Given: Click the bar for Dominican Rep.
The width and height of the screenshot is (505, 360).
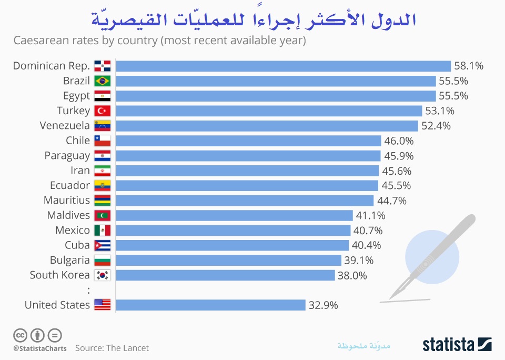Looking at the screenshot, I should pyautogui.click(x=283, y=66).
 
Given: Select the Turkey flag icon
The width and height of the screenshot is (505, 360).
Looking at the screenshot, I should pyautogui.click(x=102, y=111).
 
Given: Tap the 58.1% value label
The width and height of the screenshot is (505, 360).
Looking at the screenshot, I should pyautogui.click(x=468, y=66).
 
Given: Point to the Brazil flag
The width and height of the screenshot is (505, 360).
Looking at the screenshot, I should pyautogui.click(x=102, y=81).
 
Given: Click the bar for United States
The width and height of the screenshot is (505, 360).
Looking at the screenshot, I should pyautogui.click(x=210, y=305).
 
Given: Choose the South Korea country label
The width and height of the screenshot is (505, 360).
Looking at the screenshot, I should pyautogui.click(x=59, y=275).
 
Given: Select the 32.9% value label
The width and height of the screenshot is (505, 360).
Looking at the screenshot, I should pyautogui.click(x=323, y=305).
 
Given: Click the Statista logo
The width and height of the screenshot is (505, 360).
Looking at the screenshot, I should pyautogui.click(x=457, y=345).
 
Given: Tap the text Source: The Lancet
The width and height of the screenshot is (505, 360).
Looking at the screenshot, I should pyautogui.click(x=112, y=348).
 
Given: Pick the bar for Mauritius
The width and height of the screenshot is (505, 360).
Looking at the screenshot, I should pyautogui.click(x=245, y=201).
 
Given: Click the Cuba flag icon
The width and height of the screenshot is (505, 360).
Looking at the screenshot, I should pyautogui.click(x=102, y=245).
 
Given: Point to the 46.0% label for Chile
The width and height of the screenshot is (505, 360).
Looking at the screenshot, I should pyautogui.click(x=398, y=141).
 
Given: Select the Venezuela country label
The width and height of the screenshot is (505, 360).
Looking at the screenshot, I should pyautogui.click(x=65, y=125).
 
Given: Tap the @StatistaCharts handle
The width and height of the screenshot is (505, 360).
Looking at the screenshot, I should pyautogui.click(x=40, y=348).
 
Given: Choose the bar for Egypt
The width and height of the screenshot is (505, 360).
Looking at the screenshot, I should pyautogui.click(x=276, y=96).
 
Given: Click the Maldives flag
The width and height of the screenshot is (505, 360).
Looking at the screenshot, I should pyautogui.click(x=102, y=215).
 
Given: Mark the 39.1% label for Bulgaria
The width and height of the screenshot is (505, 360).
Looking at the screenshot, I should pyautogui.click(x=359, y=260).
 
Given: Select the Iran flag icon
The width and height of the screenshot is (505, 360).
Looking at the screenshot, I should pyautogui.click(x=102, y=171).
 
